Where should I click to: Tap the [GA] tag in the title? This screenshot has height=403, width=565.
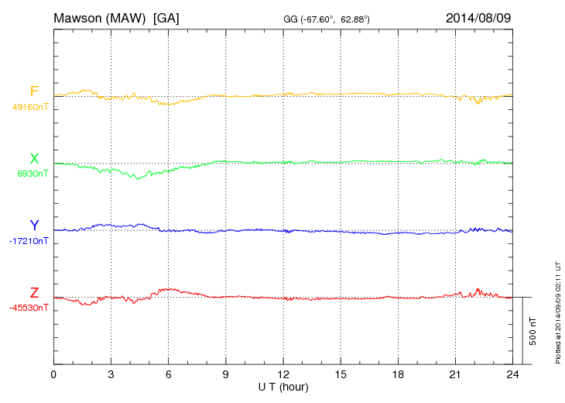click(x=166, y=17)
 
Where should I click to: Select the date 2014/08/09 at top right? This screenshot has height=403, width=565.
click(x=478, y=17)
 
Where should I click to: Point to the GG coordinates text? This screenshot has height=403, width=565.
click(x=327, y=18)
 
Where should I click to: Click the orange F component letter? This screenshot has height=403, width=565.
click(x=34, y=91)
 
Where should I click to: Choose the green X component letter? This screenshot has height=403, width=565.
click(x=34, y=159)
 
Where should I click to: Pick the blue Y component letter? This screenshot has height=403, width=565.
click(x=34, y=226)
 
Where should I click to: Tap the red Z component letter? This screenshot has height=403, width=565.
click(x=34, y=293)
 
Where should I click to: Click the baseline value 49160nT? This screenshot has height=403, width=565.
click(x=29, y=107)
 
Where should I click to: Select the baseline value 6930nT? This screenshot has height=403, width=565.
click(x=33, y=174)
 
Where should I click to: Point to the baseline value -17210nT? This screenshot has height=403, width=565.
click(x=29, y=241)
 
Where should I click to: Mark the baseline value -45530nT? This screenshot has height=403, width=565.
click(x=29, y=308)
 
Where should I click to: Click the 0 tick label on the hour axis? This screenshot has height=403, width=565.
click(x=53, y=375)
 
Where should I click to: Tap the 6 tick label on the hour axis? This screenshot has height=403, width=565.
click(x=169, y=375)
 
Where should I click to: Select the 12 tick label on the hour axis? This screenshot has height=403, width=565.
click(x=283, y=375)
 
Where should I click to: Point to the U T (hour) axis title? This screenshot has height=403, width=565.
click(x=283, y=386)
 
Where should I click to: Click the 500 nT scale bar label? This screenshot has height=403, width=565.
click(x=533, y=330)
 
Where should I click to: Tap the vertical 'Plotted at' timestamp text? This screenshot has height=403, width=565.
click(x=557, y=311)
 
